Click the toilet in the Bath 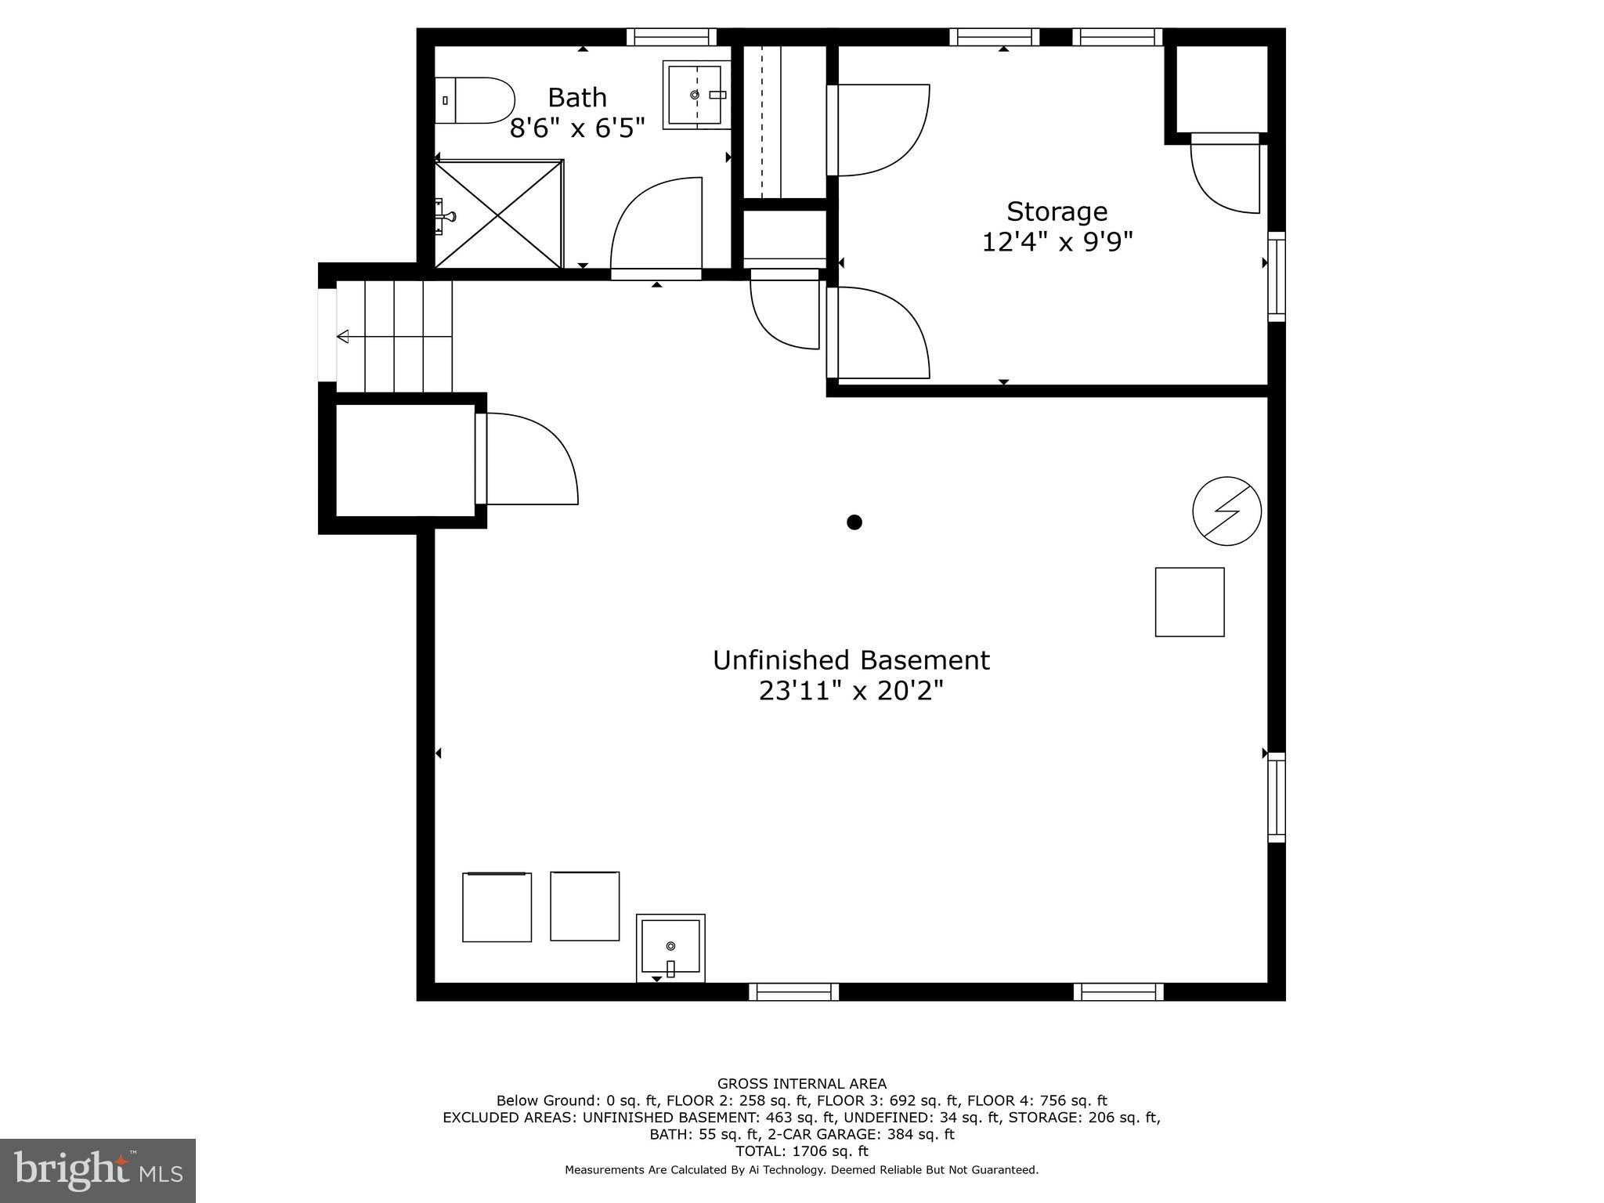tap(474, 100)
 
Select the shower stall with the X tap(499, 214)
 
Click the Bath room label tap(577, 97)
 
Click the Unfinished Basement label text tap(851, 660)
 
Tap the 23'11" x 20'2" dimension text tap(851, 691)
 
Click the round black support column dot tap(854, 522)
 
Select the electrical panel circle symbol tap(1227, 511)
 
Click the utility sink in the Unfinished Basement tap(670, 948)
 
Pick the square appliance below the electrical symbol tap(1190, 601)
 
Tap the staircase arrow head tap(342, 337)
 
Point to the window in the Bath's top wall tap(672, 37)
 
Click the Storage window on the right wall tap(1277, 276)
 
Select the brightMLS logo tap(98, 1171)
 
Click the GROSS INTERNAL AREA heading tap(802, 1084)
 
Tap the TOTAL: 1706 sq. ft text tap(802, 1151)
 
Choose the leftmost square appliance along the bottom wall tap(497, 907)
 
